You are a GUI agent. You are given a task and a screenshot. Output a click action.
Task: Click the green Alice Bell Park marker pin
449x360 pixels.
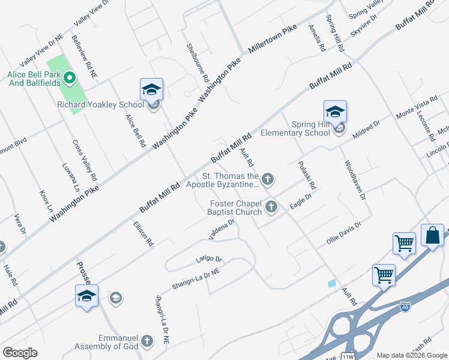(x=69, y=77)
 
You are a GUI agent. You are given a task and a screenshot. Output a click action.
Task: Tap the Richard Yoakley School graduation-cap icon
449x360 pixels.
(x=151, y=91)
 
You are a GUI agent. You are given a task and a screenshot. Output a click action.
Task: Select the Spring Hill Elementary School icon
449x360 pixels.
(x=335, y=112)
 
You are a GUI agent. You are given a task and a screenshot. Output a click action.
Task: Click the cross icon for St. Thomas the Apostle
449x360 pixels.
(x=268, y=178)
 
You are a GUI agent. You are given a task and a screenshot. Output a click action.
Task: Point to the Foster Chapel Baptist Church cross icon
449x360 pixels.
(x=271, y=207)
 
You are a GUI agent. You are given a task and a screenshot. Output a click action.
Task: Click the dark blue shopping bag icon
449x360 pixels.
(x=432, y=236)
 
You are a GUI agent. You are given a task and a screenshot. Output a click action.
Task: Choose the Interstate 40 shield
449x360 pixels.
(x=406, y=307)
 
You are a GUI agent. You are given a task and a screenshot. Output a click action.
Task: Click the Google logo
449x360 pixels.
(x=20, y=353)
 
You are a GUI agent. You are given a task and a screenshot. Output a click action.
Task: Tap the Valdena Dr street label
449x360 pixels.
(x=221, y=229)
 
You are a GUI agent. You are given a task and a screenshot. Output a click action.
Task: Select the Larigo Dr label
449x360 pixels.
(x=209, y=259)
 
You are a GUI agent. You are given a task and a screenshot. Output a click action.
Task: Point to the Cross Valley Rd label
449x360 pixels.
(x=85, y=161)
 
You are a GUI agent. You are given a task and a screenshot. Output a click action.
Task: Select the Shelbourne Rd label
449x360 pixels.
(x=196, y=62)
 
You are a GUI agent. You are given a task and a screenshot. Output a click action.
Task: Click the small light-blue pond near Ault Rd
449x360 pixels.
(x=332, y=283)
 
